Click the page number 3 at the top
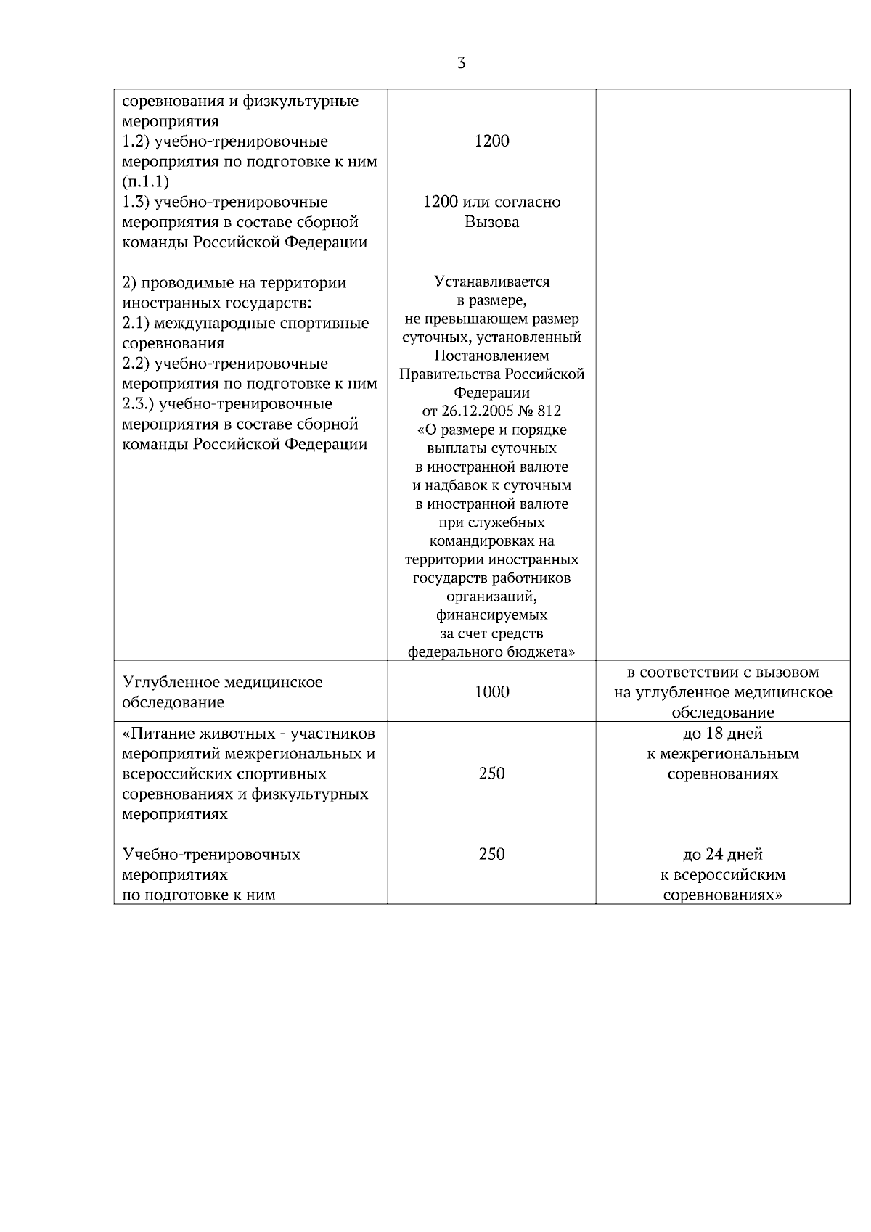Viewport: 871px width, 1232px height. [x=461, y=63]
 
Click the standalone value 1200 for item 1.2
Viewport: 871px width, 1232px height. [x=491, y=141]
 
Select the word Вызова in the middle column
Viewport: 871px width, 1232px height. [x=491, y=223]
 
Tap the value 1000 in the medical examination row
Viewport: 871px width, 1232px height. [x=491, y=692]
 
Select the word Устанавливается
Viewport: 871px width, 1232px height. [x=491, y=282]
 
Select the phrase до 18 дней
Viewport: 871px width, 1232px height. [x=722, y=734]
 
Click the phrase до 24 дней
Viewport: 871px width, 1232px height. [x=722, y=855]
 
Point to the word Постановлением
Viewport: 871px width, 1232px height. [x=491, y=356]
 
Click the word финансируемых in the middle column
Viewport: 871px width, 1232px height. [x=491, y=615]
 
